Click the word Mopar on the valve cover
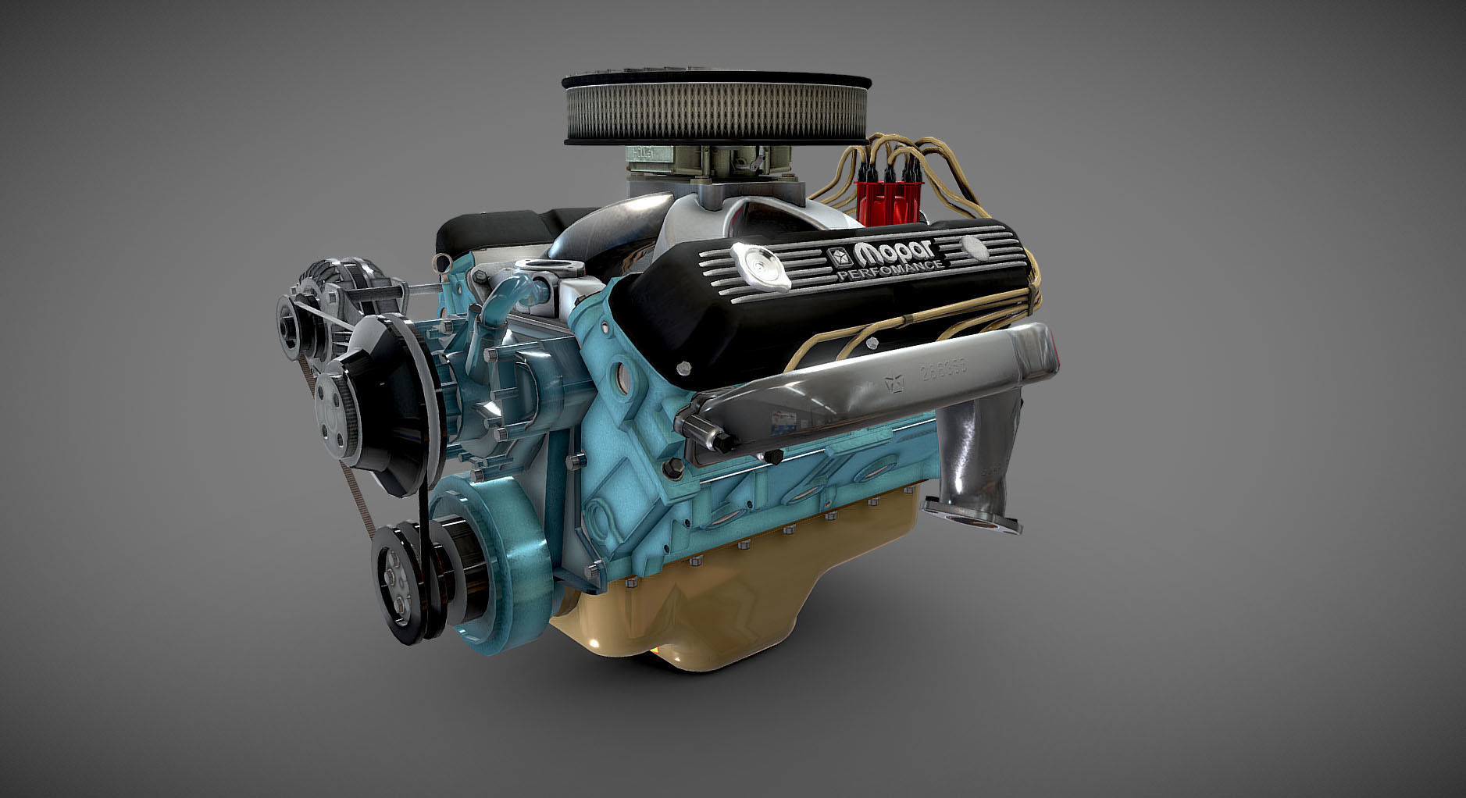pyautogui.click(x=895, y=251)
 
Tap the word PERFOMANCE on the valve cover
pyautogui.click(x=890, y=271)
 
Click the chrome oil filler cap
pyautogui.click(x=757, y=263)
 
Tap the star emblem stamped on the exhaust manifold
pyautogui.click(x=892, y=382)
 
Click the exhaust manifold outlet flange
pyautogui.click(x=972, y=518)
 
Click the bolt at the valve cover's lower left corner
pyautogui.click(x=684, y=368)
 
